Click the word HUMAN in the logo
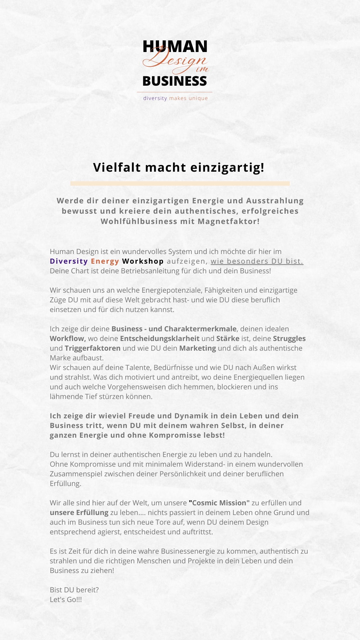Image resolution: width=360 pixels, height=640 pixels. click(x=175, y=47)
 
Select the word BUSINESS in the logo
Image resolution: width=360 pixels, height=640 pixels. click(x=175, y=81)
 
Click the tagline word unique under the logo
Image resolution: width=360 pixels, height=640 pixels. click(x=198, y=98)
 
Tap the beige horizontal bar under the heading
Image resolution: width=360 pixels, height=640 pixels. click(x=180, y=183)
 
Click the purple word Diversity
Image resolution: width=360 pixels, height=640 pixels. click(x=69, y=261)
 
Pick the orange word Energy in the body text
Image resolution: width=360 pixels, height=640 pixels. click(x=105, y=261)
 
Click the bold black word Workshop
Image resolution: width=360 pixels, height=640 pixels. click(x=143, y=261)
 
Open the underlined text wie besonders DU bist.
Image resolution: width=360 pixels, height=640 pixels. click(x=257, y=261)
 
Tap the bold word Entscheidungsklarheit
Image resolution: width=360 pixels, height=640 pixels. click(x=160, y=339)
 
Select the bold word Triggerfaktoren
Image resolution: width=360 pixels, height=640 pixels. click(x=92, y=348)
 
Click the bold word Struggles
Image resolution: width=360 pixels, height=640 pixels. click(x=289, y=339)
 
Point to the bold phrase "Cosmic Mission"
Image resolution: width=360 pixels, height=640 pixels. click(x=219, y=503)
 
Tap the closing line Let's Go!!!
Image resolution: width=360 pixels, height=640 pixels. click(x=66, y=600)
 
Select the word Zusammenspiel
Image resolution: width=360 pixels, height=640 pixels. click(x=76, y=474)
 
